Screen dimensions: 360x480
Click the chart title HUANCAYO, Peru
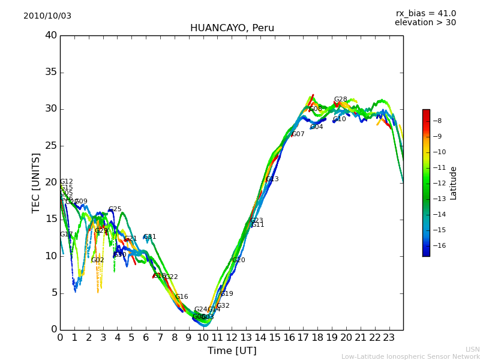[x=232, y=28]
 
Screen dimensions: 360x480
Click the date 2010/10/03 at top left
[x=47, y=16]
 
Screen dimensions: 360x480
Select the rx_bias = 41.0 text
[x=425, y=14]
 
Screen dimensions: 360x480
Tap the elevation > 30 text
[x=425, y=23]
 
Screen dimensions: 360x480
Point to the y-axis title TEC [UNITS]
[x=37, y=182]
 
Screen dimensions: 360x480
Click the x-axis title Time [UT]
[x=232, y=351]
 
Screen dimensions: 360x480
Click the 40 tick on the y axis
[x=50, y=35]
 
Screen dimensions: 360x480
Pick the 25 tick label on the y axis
[x=50, y=146]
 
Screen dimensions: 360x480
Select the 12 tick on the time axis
[x=232, y=338]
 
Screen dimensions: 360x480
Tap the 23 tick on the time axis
[x=389, y=338]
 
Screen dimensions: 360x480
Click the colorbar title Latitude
[x=454, y=183]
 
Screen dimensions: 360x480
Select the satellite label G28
[x=340, y=100]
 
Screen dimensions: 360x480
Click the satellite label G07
[x=298, y=134]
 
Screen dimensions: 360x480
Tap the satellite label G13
[x=272, y=179]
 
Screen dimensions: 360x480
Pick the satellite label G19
[x=227, y=294]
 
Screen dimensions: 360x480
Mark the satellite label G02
[x=98, y=260]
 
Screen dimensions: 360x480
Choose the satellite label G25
[x=115, y=209]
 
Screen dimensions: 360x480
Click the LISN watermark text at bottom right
[x=472, y=349]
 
